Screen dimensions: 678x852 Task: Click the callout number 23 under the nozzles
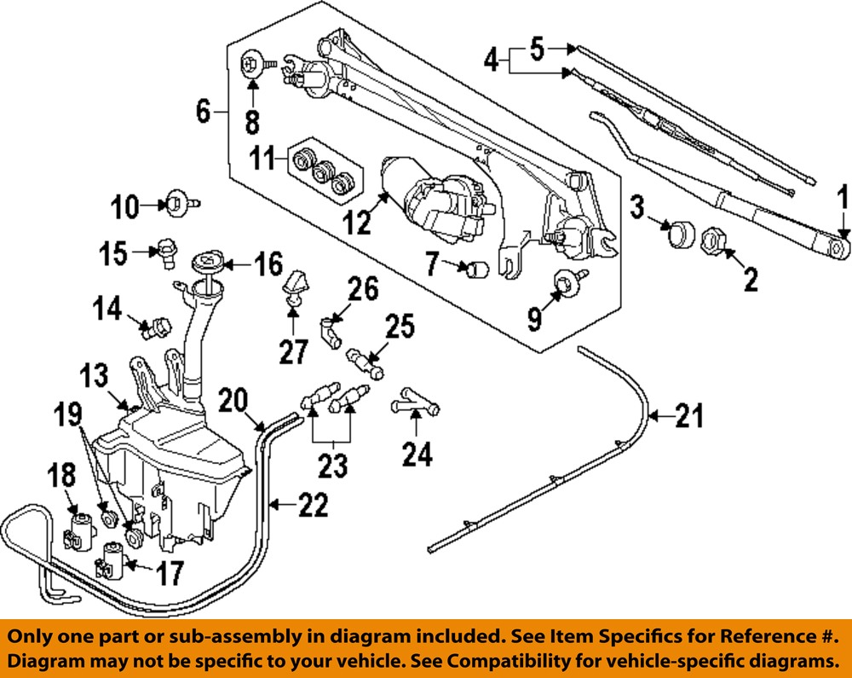(x=333, y=466)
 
